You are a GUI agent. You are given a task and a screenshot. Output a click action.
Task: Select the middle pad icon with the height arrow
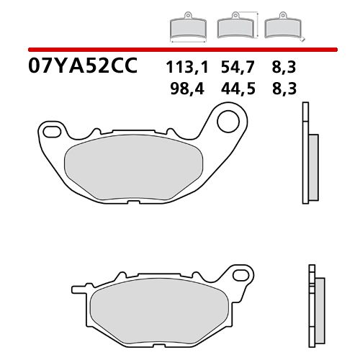click(x=234, y=27)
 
